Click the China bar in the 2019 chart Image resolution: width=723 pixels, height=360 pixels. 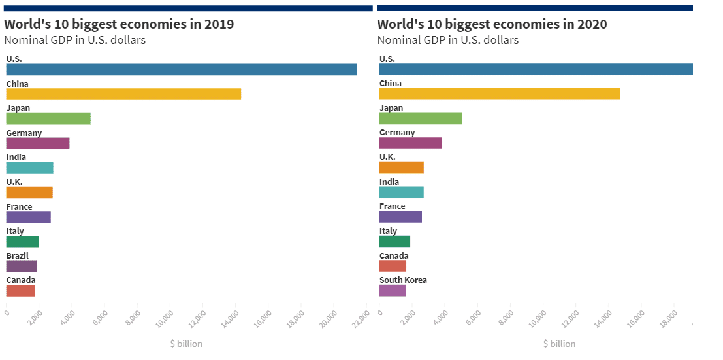123,94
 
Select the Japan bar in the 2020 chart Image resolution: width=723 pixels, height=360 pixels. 421,118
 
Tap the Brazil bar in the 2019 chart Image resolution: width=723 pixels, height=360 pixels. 22,266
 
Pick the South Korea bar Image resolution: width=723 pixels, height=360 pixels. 393,291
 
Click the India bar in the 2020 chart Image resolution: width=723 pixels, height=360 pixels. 402,192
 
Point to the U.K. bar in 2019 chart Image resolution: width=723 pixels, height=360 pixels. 29,192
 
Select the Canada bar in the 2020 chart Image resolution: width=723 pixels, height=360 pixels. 393,266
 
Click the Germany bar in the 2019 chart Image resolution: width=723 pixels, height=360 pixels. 38,143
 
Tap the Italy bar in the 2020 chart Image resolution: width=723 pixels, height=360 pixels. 394,241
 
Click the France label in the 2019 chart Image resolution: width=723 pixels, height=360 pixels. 19,207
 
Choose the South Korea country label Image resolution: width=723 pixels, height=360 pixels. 403,280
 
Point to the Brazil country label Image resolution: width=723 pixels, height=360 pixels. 18,256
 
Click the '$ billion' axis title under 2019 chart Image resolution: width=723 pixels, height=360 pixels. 186,344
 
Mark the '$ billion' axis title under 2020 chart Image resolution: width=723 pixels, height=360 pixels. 559,344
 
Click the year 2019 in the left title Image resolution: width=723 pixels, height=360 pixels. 219,25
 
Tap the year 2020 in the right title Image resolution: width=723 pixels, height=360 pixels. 592,25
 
